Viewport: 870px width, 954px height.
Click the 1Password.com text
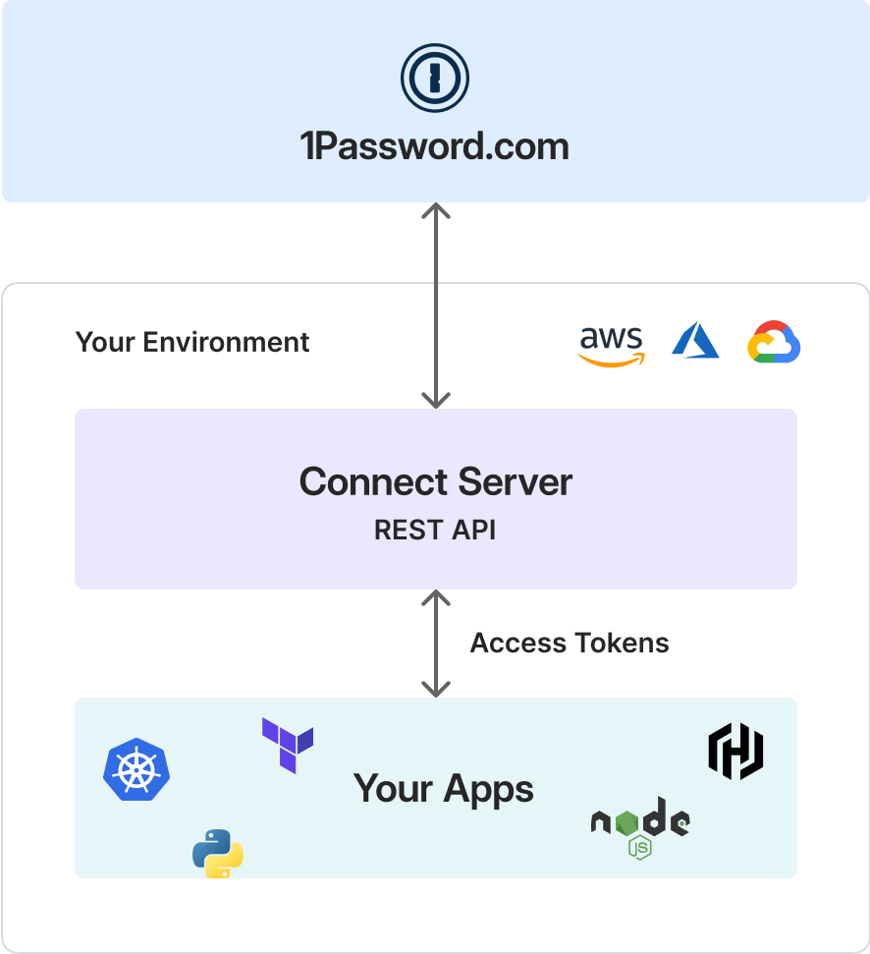tap(434, 147)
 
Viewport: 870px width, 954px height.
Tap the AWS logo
tap(611, 345)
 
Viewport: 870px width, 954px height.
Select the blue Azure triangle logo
tap(695, 341)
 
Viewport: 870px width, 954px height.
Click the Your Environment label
tap(192, 342)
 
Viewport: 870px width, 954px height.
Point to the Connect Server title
tap(435, 482)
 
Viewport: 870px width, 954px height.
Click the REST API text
tap(435, 531)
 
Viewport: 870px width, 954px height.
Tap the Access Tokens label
tap(570, 644)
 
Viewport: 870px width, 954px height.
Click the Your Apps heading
tap(444, 789)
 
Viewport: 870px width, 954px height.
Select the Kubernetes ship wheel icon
tap(136, 769)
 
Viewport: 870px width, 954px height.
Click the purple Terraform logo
tap(288, 745)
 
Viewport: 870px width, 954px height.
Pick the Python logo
tap(218, 853)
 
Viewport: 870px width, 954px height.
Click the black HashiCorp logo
tap(736, 752)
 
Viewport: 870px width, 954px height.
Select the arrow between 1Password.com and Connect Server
tap(435, 305)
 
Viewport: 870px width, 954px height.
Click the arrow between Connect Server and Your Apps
tap(435, 644)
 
